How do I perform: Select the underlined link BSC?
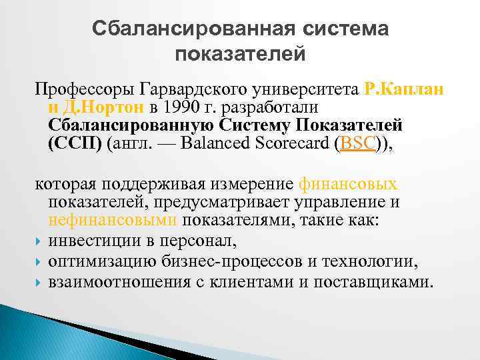click(358, 144)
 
